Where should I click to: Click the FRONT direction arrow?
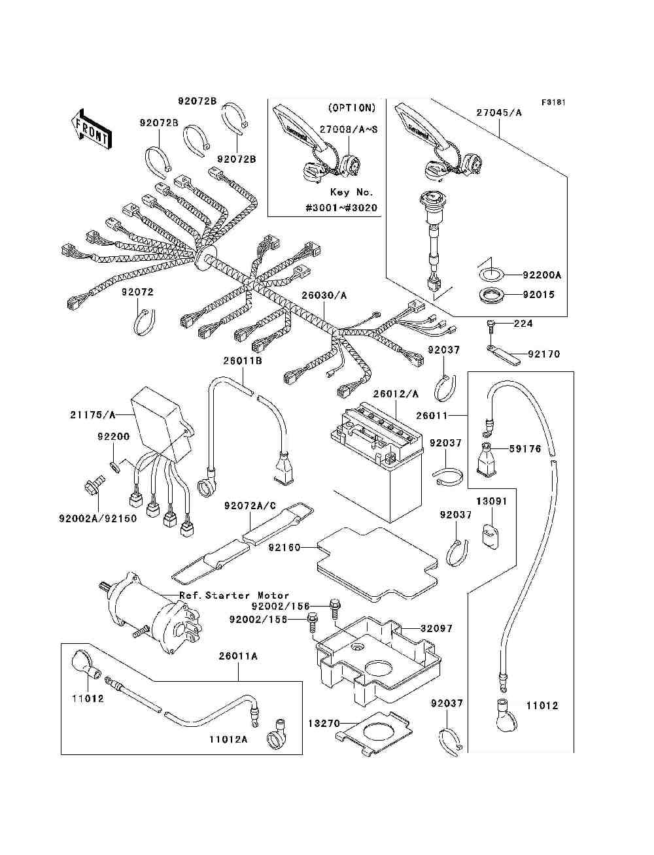(92, 129)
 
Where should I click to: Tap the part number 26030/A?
(324, 295)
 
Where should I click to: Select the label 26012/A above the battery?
(396, 394)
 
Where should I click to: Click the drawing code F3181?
(553, 103)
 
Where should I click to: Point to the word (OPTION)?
(352, 108)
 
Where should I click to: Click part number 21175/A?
(93, 415)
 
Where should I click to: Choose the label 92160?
(284, 548)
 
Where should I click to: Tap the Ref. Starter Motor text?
(234, 595)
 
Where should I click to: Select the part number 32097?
(436, 629)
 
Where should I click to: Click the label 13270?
(324, 724)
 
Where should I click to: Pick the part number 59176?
(525, 449)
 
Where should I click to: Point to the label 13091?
(491, 501)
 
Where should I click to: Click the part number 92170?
(543, 354)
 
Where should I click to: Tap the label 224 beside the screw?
(523, 324)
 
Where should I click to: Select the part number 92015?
(539, 295)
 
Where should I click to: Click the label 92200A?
(542, 275)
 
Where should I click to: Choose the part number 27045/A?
(499, 112)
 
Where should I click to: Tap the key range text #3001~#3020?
(342, 208)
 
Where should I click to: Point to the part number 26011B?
(243, 361)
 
